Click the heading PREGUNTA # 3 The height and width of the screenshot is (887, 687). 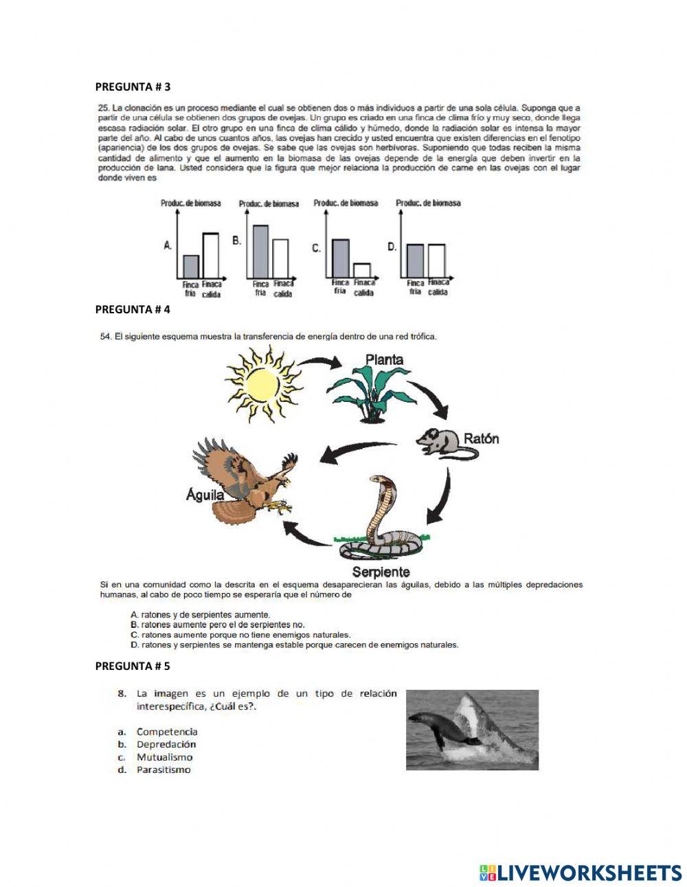(133, 87)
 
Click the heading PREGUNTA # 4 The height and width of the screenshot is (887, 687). (133, 309)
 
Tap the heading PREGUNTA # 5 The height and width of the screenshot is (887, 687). (133, 666)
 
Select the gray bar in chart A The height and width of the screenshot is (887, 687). (191, 265)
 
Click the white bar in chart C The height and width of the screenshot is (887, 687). (362, 269)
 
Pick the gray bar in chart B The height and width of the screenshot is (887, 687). (261, 250)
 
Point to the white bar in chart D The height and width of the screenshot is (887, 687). (436, 259)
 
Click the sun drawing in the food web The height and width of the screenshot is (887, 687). (262, 377)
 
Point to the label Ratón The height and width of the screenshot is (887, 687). (482, 438)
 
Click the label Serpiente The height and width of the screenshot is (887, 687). (381, 572)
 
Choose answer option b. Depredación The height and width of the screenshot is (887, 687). (166, 744)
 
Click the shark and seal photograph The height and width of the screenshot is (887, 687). (472, 730)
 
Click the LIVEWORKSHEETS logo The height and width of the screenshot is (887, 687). (581, 873)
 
